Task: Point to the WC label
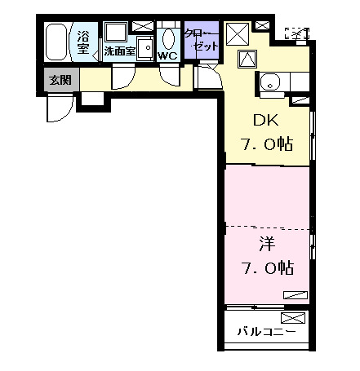[x=167, y=56]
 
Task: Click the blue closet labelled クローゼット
[x=200, y=41]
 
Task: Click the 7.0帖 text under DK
[x=265, y=144]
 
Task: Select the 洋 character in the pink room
[x=267, y=243]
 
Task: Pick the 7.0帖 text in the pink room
[x=266, y=267]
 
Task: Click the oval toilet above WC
[x=170, y=38]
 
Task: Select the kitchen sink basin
[x=270, y=82]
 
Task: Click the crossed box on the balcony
[x=291, y=317]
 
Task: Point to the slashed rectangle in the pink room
[x=296, y=294]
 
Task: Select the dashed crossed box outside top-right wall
[x=297, y=33]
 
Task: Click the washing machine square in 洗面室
[x=115, y=33]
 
